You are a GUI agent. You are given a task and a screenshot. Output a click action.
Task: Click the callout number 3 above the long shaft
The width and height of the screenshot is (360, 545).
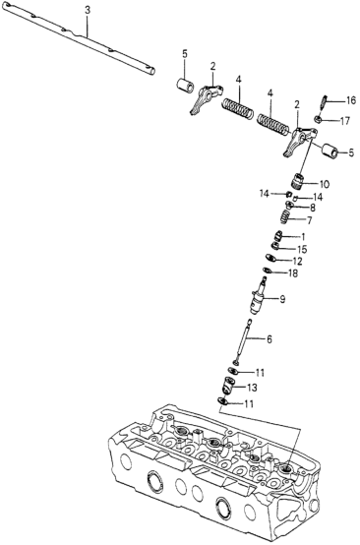pos(88,11)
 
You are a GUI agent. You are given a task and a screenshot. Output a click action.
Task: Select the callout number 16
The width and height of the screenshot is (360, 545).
pos(351,100)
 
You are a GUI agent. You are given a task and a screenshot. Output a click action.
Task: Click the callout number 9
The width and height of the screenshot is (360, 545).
pos(282,298)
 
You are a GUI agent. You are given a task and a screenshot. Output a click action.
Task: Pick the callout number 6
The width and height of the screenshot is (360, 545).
pos(270,339)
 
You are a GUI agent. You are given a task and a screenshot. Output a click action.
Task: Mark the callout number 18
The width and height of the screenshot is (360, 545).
pos(293,273)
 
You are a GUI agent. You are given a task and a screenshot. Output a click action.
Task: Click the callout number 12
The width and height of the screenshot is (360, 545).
pos(297,261)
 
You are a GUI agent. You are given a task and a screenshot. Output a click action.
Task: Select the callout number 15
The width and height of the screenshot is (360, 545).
pos(302,249)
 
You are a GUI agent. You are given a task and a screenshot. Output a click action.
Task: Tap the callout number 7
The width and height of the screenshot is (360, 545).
pos(309,220)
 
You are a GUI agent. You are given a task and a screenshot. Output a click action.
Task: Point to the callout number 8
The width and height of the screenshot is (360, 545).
pos(312,208)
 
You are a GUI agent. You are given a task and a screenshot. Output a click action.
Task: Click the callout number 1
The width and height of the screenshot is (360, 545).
pos(303,237)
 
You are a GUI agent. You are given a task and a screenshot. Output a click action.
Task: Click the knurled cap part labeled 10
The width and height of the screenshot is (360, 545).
pos(296,182)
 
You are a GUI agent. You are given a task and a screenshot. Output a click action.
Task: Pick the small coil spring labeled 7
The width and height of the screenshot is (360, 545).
pos(284,218)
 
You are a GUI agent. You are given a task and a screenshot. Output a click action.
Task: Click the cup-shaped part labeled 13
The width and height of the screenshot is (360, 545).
pos(228,386)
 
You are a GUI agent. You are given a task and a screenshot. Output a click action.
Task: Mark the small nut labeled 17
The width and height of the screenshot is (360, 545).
pos(318,120)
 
